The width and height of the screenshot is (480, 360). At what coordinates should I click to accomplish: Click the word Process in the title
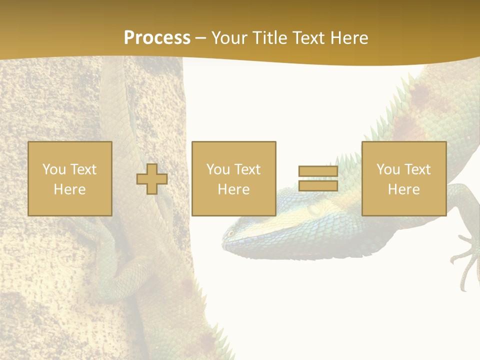[157, 38]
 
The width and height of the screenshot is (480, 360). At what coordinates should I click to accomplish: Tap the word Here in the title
[347, 38]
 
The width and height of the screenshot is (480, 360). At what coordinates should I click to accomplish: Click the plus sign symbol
[152, 179]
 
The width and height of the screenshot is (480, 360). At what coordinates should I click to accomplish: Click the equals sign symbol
[318, 179]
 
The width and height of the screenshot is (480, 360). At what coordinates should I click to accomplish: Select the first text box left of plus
[70, 179]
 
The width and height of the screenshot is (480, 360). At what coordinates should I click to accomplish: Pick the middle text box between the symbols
[234, 179]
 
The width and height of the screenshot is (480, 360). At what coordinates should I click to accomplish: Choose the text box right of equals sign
[404, 179]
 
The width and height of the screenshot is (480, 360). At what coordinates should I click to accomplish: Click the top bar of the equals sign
[318, 171]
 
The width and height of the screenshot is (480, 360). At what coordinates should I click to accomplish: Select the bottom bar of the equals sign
[318, 186]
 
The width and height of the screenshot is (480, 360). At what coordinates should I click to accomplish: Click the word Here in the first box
[70, 189]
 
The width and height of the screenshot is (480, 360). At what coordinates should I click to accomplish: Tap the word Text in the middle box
[247, 169]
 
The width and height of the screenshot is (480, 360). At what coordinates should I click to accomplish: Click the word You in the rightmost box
[388, 169]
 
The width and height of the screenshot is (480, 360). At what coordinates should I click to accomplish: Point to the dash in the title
[200, 38]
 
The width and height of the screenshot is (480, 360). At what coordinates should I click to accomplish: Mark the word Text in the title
[307, 38]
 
